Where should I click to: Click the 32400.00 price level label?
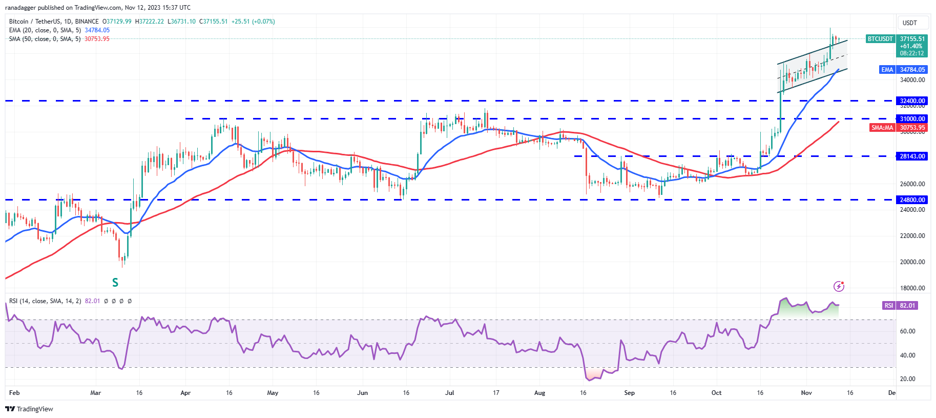pos(912,101)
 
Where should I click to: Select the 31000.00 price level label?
pos(912,119)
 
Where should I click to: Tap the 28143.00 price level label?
pos(912,156)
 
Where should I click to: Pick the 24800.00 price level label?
pos(912,200)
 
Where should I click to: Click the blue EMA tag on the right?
pos(887,70)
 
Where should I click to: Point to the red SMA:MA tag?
pos(882,128)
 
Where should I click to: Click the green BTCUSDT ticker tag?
pos(880,39)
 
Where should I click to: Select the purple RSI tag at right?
pos(888,306)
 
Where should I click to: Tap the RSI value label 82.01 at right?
pos(907,306)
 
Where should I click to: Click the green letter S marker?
pos(115,283)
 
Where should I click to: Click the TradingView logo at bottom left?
pos(29,409)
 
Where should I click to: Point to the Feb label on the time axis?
pos(14,393)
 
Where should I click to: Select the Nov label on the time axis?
pos(806,393)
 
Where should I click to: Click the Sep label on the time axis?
pos(629,393)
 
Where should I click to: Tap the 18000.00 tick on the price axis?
pos(912,288)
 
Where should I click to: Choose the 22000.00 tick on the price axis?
pos(912,236)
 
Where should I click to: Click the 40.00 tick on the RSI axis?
pos(907,355)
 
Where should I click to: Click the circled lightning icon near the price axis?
pos(839,286)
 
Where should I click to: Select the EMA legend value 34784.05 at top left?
pos(97,30)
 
